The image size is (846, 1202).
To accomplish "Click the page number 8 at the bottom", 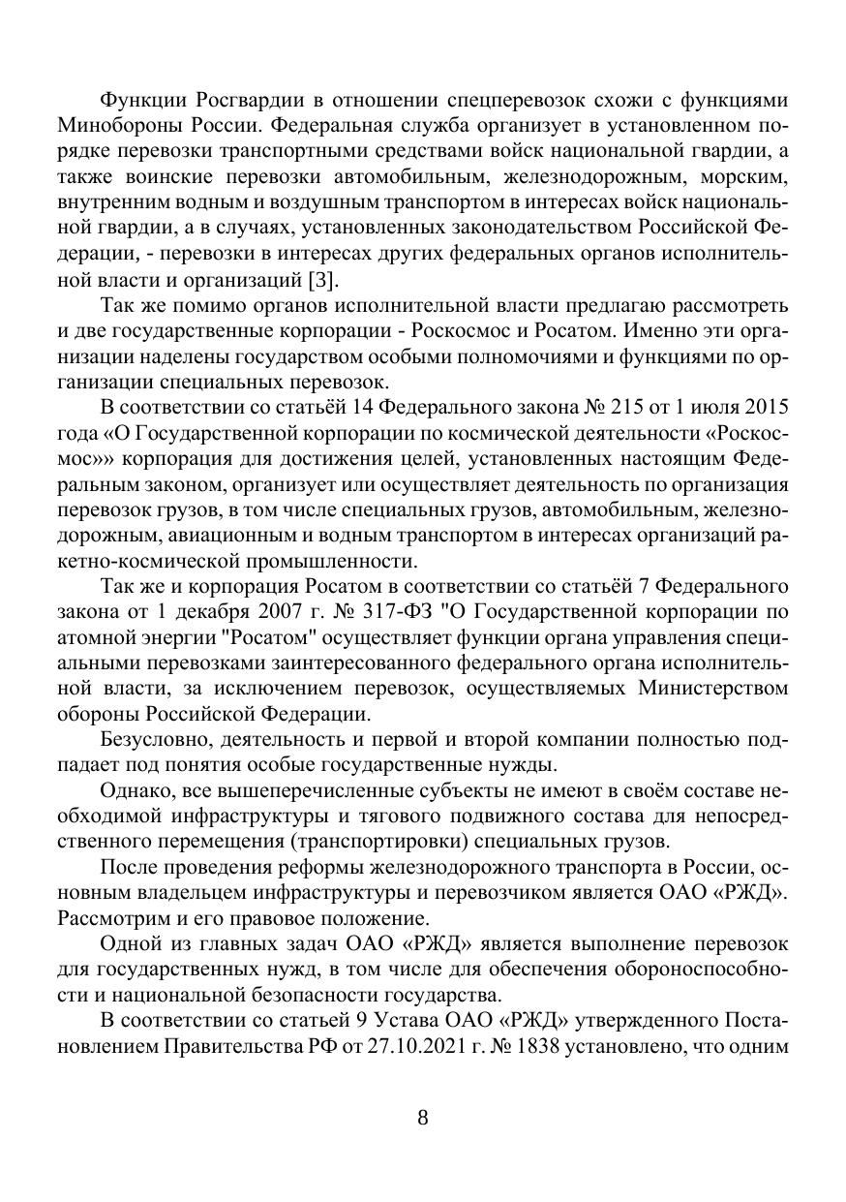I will (422, 1117).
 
